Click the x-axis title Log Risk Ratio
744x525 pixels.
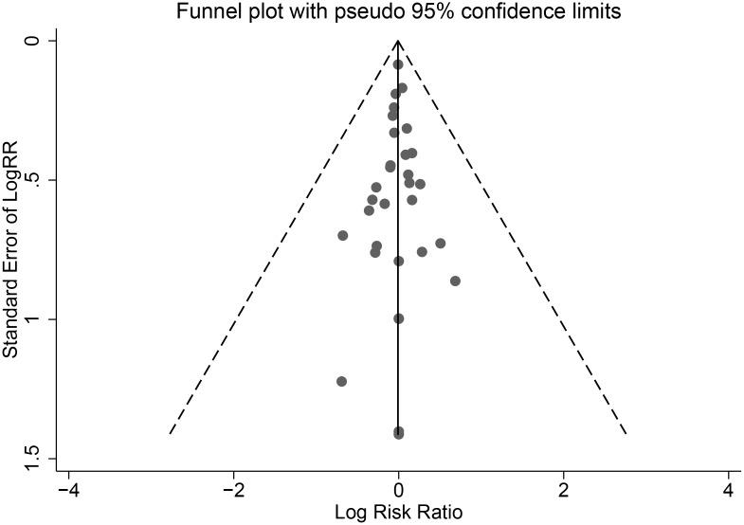tap(398, 514)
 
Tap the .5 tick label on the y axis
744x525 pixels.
tap(35, 180)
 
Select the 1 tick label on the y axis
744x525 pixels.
tap(35, 319)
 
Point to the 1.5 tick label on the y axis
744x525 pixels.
tap(35, 459)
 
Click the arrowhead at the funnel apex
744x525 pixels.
tap(399, 44)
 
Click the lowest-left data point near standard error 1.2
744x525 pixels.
tap(341, 381)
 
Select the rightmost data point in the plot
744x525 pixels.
tap(455, 281)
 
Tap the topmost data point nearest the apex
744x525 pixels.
tap(398, 64)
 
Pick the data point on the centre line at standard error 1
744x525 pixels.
tap(399, 318)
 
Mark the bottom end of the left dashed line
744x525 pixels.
tap(169, 433)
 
